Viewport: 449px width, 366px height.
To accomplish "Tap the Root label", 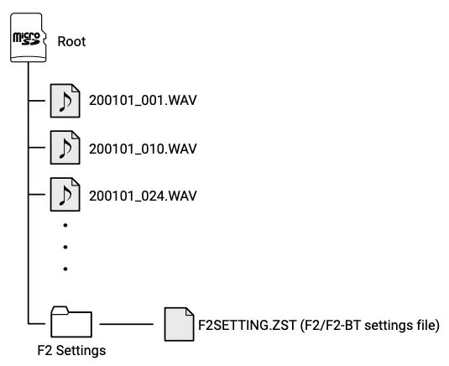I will point(71,41).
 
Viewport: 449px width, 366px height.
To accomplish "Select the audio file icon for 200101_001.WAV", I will point(64,101).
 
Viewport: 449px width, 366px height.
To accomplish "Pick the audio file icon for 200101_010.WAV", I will point(64,149).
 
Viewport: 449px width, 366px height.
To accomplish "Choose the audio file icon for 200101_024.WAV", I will point(64,195).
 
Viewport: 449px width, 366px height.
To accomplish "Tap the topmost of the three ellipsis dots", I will point(65,225).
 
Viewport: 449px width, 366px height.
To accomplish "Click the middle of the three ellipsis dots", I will point(65,247).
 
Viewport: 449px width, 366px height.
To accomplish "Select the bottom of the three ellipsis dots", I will point(65,269).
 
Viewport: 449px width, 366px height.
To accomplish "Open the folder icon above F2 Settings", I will point(70,322).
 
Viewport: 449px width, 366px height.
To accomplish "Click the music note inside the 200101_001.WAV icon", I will point(64,102).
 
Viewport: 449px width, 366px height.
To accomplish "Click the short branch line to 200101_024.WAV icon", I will point(39,195).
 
